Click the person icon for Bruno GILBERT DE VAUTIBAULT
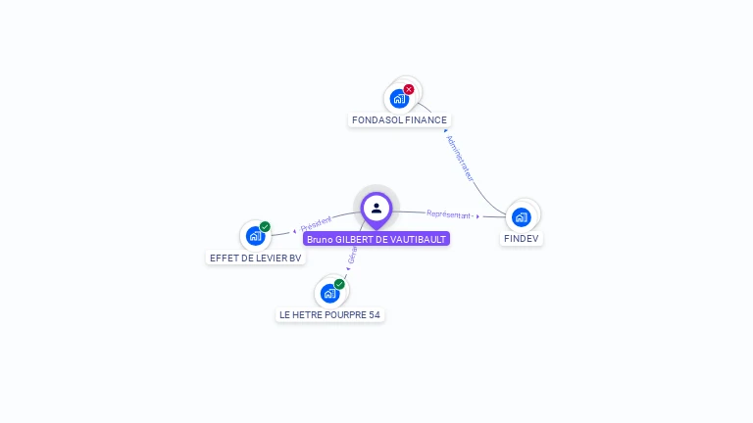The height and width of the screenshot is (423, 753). click(x=376, y=208)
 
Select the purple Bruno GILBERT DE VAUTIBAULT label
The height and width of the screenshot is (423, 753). click(x=376, y=239)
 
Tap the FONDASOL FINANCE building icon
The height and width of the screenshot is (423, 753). click(x=399, y=99)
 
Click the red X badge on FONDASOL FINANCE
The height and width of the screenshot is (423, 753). click(x=409, y=89)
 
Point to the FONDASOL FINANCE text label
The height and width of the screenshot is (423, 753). click(x=399, y=120)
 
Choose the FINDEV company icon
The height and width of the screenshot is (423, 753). click(x=521, y=216)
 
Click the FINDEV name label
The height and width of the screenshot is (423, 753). click(x=521, y=238)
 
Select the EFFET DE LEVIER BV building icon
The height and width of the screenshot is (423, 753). click(x=255, y=236)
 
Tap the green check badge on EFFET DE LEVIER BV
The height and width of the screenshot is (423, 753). click(x=265, y=227)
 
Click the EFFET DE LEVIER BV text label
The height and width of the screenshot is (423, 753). click(x=256, y=258)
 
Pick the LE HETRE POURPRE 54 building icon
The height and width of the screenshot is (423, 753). click(x=329, y=293)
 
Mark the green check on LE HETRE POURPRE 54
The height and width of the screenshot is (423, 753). click(x=339, y=284)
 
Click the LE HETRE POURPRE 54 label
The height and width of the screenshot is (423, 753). click(x=329, y=314)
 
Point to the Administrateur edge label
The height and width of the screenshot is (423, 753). click(x=460, y=159)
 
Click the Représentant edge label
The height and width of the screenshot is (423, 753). click(x=449, y=213)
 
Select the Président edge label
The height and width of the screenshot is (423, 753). click(x=317, y=224)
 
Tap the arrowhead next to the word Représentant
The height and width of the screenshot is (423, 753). click(x=478, y=215)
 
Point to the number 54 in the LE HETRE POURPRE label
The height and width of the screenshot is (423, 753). click(x=374, y=314)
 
